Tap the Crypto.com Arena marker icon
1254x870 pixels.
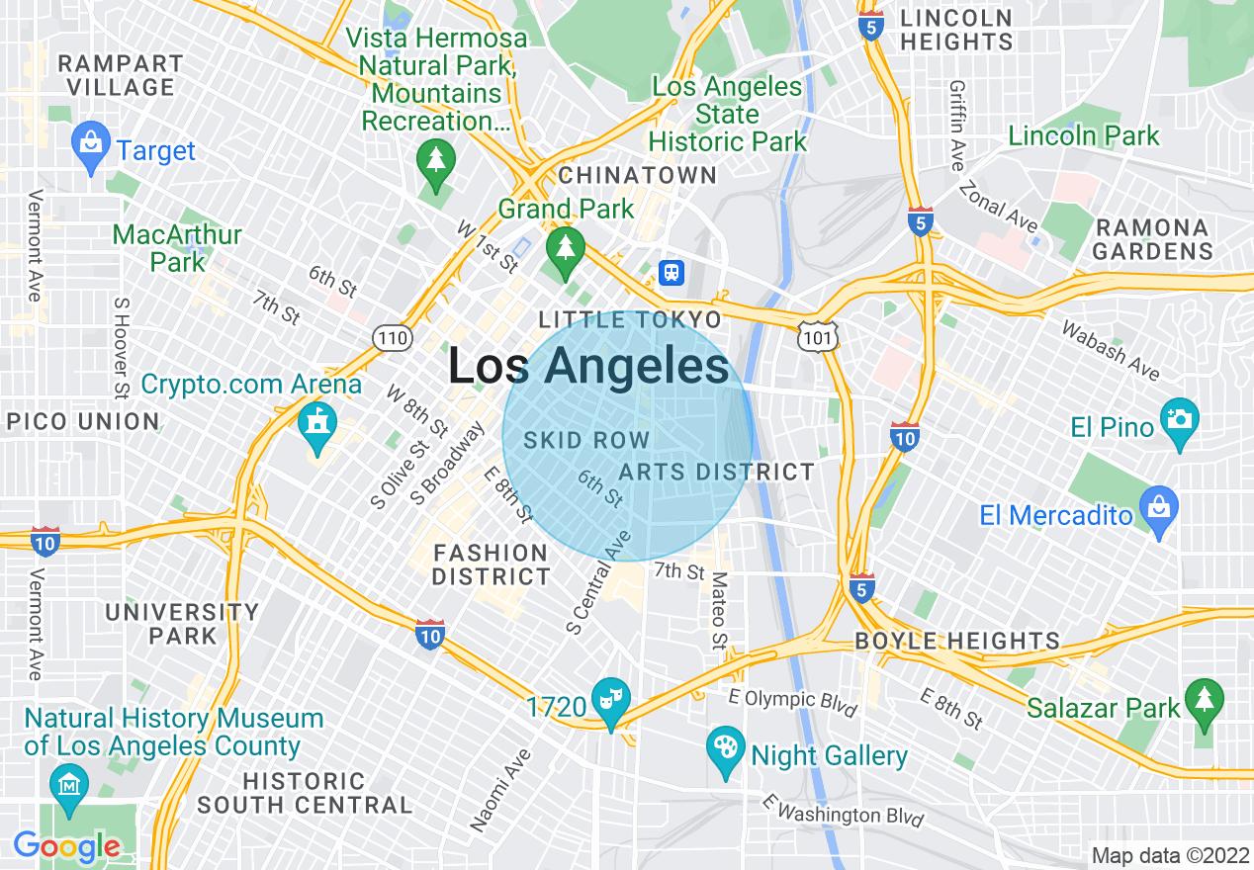coord(317,423)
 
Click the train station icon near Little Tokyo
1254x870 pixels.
coord(672,272)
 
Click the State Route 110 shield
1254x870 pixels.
coord(393,339)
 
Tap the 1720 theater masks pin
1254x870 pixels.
coord(610,701)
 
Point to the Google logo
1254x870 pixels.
coord(66,846)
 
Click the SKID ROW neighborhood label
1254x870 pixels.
coord(586,440)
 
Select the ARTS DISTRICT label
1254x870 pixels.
coord(717,472)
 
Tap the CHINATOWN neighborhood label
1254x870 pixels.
coord(638,175)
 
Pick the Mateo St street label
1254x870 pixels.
coord(718,610)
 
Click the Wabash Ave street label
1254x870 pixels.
coord(1110,349)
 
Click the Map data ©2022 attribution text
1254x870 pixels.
coord(1168,855)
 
